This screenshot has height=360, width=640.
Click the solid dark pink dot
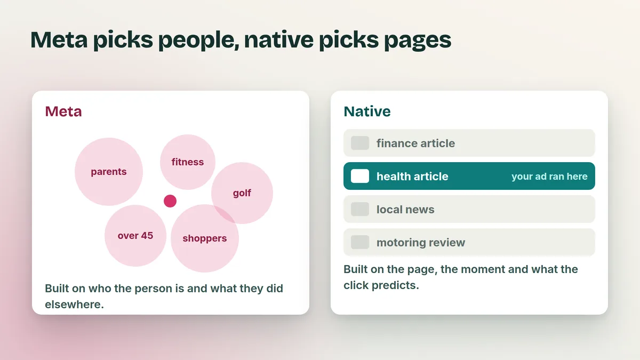click(170, 201)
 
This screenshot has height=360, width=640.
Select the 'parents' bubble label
click(109, 172)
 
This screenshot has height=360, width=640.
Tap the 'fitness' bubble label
click(187, 162)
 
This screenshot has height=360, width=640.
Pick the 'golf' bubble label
click(242, 193)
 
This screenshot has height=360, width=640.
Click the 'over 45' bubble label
click(135, 235)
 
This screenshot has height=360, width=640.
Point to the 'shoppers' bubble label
click(205, 238)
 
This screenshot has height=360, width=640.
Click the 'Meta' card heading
click(63, 111)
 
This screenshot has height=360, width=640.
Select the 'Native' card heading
click(367, 111)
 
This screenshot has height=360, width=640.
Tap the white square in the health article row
click(360, 176)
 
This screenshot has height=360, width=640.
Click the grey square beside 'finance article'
click(360, 143)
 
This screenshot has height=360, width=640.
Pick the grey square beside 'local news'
click(360, 209)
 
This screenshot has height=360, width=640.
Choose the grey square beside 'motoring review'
click(360, 242)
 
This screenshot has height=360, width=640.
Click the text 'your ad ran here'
click(549, 177)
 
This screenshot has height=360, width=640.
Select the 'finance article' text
click(415, 143)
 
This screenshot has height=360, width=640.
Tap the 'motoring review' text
click(421, 243)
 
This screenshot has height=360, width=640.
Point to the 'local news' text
click(405, 210)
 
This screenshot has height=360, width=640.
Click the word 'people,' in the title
click(198, 41)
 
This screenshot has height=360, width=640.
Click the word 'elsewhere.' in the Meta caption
click(74, 305)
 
